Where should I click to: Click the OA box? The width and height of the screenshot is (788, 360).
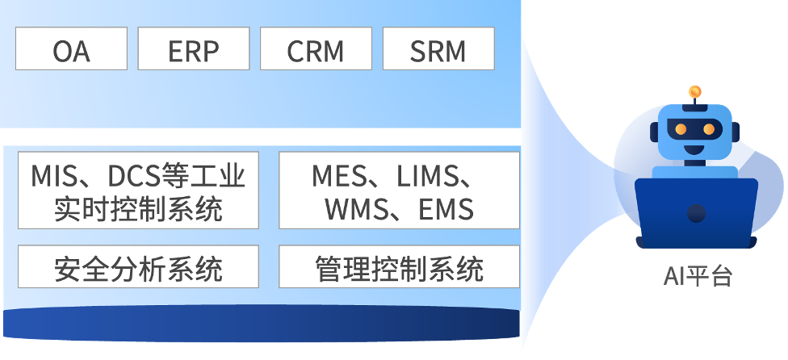tap(71, 49)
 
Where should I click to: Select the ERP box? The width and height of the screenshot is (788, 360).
tap(194, 49)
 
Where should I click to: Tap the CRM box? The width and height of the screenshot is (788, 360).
tap(316, 49)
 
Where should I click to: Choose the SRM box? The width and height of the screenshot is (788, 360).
tap(438, 49)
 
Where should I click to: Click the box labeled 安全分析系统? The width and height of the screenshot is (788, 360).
tap(138, 268)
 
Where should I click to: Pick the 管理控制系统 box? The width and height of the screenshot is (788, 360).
tap(399, 268)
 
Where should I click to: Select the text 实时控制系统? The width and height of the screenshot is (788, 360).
tap(138, 209)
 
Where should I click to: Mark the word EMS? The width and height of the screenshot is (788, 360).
tap(446, 209)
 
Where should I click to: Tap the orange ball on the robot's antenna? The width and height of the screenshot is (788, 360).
tap(694, 91)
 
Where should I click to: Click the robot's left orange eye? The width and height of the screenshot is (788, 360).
tap(681, 128)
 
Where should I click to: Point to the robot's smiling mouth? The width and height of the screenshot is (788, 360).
tap(695, 148)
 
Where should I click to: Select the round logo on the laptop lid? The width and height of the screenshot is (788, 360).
tap(696, 213)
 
